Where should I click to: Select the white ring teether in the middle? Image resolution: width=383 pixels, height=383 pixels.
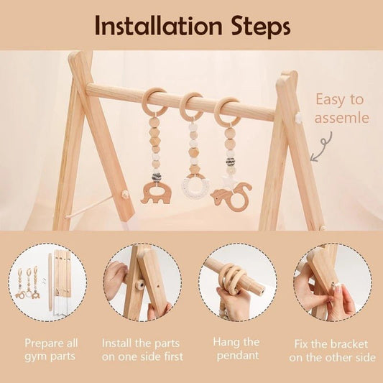(x=193, y=188)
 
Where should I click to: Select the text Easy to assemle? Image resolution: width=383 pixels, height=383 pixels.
(x=339, y=109)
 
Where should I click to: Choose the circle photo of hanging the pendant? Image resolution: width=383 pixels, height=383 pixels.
(x=238, y=282)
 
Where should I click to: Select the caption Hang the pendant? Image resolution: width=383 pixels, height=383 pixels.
(x=238, y=349)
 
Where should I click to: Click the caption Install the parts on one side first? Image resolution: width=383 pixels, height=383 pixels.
(x=143, y=349)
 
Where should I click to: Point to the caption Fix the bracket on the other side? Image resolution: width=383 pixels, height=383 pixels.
(x=332, y=349)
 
